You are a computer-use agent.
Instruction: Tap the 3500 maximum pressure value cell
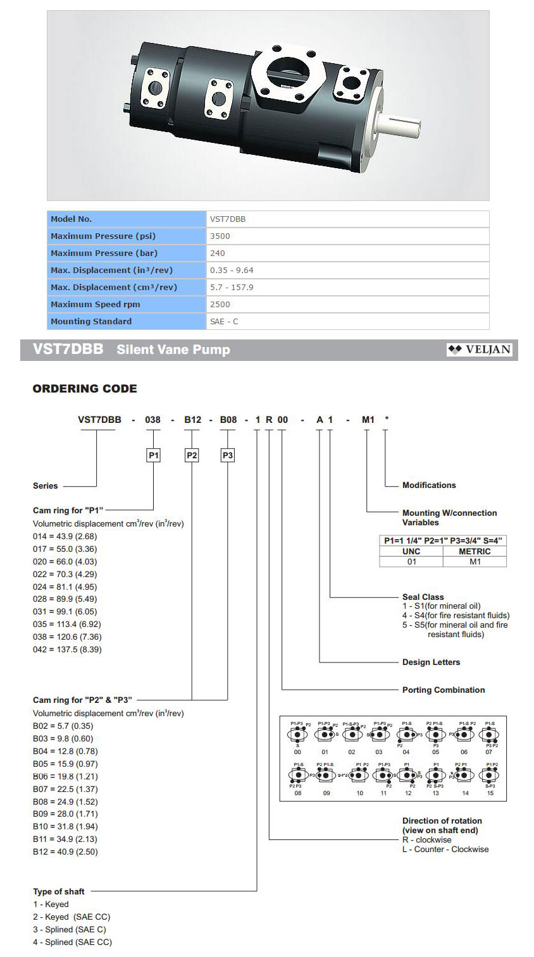click(220, 236)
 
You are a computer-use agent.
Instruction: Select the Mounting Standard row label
click(91, 321)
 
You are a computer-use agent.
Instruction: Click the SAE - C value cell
click(224, 321)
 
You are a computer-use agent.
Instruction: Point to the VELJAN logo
click(479, 350)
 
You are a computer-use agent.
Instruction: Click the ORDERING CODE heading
click(85, 389)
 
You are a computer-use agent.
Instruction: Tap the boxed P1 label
click(154, 455)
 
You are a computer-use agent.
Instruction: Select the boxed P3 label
click(228, 455)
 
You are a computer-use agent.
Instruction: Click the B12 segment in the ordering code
click(192, 420)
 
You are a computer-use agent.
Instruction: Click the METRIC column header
click(475, 551)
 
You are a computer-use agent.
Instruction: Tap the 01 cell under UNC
click(411, 561)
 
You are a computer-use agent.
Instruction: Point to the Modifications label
click(429, 485)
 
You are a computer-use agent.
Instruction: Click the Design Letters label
click(431, 662)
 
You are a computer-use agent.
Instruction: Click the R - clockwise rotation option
click(427, 840)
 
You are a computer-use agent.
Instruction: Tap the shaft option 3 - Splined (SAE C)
click(70, 930)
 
